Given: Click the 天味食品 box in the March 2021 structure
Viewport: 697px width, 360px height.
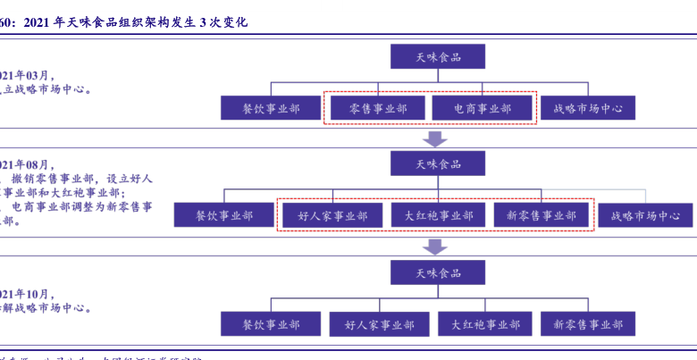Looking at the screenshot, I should coord(437,57).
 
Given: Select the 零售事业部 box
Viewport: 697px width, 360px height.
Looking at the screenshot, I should coord(376,109).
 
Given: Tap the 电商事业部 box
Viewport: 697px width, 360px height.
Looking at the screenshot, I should coord(483,109).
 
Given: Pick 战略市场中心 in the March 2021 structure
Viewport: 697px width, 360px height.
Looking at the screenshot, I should coord(587,109).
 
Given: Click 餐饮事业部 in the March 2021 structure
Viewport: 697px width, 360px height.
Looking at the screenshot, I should coord(271,109).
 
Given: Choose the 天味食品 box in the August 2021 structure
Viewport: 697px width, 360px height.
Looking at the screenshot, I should coord(437,163).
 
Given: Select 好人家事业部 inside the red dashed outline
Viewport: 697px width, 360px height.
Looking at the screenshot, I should coord(332,215).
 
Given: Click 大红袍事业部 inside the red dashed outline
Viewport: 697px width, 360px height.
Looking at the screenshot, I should coord(438,215).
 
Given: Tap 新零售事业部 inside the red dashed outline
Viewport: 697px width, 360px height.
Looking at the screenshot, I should coord(542,215).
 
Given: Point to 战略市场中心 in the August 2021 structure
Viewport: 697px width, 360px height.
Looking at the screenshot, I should coord(646,215).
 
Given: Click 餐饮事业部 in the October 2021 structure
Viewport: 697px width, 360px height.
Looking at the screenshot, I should coord(271,323).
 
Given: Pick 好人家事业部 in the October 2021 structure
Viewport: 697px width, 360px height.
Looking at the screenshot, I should coord(376,323).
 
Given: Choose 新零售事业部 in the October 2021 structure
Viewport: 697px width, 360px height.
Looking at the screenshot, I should coord(587,323).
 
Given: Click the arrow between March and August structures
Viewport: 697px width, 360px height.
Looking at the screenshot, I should coord(435,138).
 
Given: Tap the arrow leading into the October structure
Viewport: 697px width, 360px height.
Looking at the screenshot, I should coord(435,246).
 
